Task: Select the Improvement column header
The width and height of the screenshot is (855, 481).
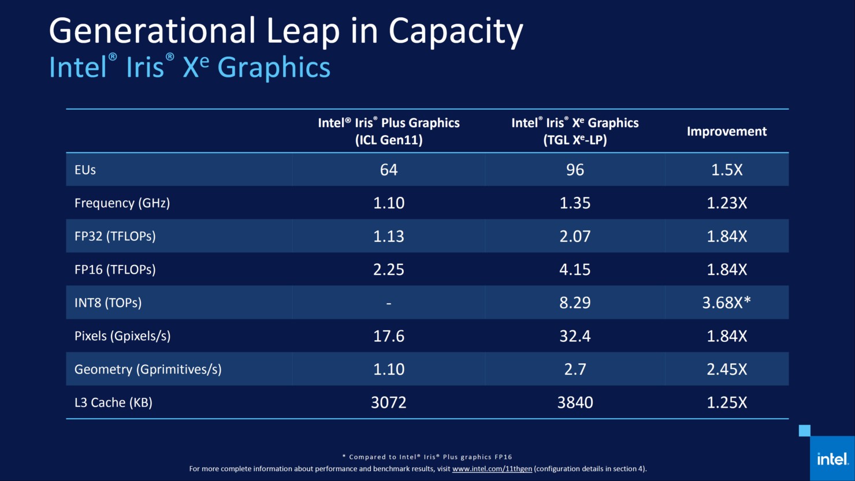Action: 726,132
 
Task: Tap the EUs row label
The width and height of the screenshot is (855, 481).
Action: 85,170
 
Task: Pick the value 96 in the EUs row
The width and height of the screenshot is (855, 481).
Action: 575,170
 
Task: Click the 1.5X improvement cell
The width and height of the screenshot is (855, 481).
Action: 727,170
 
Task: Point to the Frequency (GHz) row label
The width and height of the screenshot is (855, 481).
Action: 122,203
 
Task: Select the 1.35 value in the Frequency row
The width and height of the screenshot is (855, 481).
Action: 575,203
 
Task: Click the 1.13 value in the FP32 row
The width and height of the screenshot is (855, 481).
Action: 388,236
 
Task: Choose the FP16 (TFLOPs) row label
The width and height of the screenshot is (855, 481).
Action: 115,270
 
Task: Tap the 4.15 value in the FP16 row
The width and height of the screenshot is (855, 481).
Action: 575,270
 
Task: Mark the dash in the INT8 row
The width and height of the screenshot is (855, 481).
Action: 388,303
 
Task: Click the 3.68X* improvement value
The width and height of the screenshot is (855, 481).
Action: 726,303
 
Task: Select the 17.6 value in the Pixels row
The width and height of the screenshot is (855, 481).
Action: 388,336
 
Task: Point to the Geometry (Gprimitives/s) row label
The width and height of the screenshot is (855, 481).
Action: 148,370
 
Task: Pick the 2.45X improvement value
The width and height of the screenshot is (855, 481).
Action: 727,370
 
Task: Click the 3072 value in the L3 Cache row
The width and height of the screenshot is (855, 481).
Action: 388,402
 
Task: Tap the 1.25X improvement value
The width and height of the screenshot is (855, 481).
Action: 727,402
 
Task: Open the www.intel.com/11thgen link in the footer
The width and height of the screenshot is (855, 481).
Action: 492,469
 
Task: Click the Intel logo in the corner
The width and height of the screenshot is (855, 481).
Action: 832,459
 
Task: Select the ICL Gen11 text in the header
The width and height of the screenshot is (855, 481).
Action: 389,140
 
